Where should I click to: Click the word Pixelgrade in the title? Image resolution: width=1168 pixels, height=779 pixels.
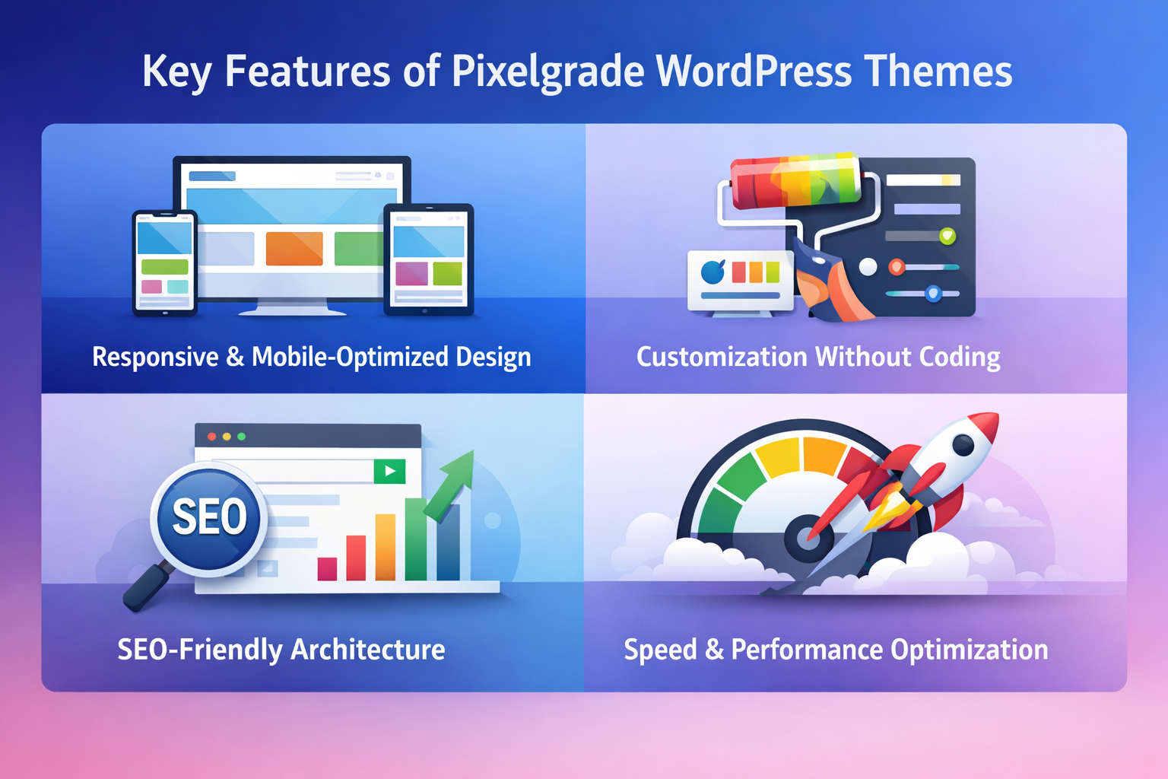(547, 72)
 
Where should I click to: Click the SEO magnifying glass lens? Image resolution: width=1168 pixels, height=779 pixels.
(209, 517)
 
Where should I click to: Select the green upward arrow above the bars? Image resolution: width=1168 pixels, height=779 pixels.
(453, 482)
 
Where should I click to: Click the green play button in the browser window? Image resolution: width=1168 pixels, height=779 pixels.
(389, 471)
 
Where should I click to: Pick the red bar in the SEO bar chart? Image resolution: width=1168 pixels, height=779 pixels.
(356, 557)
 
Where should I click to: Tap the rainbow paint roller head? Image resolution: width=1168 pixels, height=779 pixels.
(795, 180)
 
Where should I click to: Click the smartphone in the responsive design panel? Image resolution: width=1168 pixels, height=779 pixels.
(165, 262)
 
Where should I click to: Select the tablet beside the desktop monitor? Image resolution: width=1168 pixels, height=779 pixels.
(428, 259)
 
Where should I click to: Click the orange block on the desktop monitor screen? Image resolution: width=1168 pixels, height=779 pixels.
(294, 249)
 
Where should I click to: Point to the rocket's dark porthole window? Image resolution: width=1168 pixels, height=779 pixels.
(963, 445)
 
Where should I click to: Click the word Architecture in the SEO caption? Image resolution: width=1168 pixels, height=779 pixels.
(367, 650)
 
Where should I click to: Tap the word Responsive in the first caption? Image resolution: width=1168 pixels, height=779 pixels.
(155, 357)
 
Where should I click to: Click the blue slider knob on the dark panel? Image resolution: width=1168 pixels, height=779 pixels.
(933, 294)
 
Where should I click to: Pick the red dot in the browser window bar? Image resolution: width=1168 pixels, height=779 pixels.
(212, 437)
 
